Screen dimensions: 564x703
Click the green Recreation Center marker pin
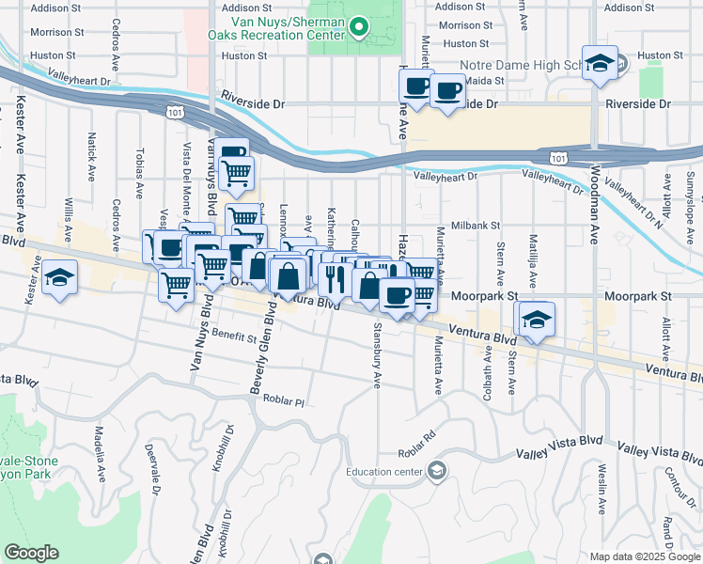358,28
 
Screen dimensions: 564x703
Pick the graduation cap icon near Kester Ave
60,277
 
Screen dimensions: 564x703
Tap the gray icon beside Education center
436,470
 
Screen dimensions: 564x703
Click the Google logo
31,553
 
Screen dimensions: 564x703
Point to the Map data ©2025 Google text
644,556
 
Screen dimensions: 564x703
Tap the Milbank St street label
476,226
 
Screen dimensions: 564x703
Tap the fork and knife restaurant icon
334,278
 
